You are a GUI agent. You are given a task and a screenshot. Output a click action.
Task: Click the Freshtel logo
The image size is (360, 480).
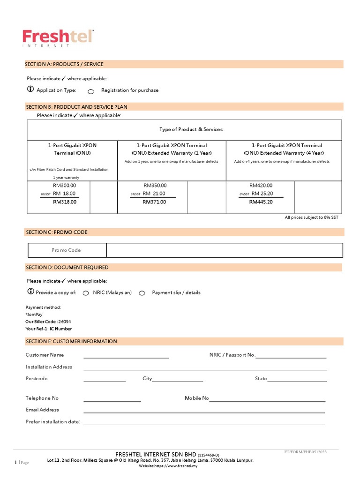[58, 37]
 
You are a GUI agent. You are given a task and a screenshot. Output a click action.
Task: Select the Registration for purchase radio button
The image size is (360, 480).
[91, 91]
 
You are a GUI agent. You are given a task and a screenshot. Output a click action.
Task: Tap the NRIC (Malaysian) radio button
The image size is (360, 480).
[86, 293]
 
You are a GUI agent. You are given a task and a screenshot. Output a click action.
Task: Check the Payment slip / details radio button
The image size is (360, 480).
[142, 293]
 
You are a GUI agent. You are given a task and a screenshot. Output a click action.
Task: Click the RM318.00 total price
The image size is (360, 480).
[65, 202]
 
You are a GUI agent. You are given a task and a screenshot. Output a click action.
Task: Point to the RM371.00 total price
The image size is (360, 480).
[154, 202]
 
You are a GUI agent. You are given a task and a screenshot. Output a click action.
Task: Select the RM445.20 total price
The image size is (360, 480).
[261, 202]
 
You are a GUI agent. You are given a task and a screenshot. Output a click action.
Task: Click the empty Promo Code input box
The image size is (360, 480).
[224, 250]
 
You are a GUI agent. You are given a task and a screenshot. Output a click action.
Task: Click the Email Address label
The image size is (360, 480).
[42, 410]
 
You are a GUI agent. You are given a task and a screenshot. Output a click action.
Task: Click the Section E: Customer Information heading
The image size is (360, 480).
[71, 341]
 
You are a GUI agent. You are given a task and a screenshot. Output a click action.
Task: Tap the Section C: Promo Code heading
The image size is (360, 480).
[57, 232]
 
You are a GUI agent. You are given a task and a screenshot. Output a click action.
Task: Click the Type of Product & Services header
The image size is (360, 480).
[191, 129]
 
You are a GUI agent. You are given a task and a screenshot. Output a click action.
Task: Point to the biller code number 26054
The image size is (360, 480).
[65, 322]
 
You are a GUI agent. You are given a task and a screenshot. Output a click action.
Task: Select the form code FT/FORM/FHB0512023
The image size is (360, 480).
[305, 452]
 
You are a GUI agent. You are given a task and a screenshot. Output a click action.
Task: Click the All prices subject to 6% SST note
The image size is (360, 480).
[311, 217]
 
